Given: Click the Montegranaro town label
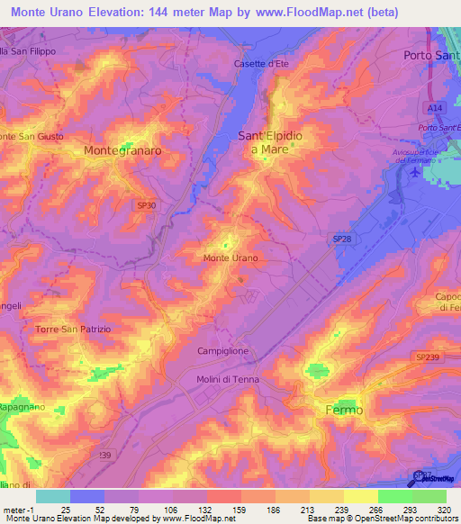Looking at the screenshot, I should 122,151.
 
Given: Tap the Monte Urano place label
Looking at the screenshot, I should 230,258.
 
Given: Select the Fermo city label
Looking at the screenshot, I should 343,410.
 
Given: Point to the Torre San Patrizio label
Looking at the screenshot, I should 73,330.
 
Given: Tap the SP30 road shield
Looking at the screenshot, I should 146,205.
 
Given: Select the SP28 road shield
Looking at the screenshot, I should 341,238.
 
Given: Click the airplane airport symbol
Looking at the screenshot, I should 413,171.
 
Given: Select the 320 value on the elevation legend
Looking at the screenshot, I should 441,510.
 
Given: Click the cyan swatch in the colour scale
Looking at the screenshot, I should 52,496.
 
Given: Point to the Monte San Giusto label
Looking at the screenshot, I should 32,136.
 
